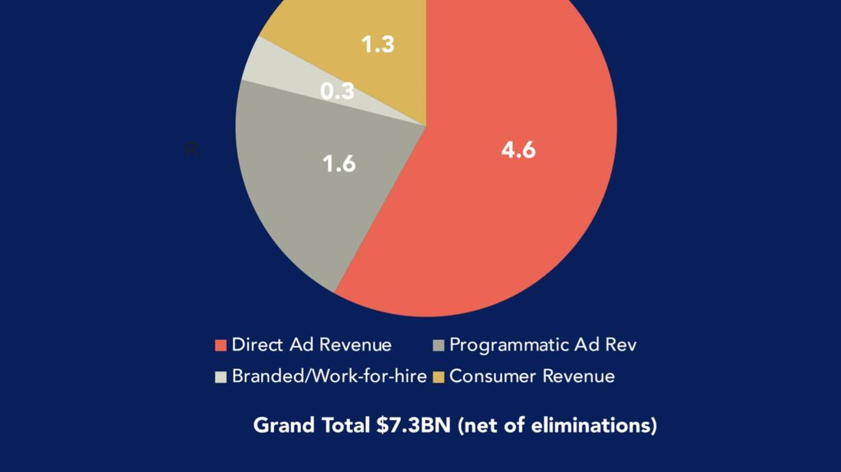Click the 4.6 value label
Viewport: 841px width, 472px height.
tap(518, 150)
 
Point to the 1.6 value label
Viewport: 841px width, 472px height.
tap(339, 164)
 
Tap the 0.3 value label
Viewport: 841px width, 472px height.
tap(337, 91)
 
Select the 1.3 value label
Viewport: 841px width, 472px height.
tap(377, 44)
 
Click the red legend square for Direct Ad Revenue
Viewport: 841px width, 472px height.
tap(221, 346)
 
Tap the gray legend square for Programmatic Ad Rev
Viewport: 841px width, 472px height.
tap(438, 346)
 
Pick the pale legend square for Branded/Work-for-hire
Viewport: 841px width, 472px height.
tap(221, 377)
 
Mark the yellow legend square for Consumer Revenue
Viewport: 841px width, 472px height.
tap(438, 377)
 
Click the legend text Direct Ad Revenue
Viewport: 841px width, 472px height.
tap(312, 345)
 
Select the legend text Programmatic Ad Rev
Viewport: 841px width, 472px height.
tap(543, 345)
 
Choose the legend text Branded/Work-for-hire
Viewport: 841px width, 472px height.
tap(329, 376)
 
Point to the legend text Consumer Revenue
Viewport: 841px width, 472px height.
tap(532, 376)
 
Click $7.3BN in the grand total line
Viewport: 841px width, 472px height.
tap(414, 426)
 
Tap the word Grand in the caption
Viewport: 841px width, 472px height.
tap(278, 426)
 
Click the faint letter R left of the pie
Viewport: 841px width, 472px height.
tap(191, 149)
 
